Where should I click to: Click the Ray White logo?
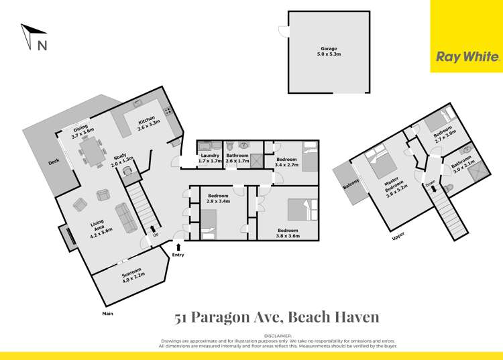tap(467, 57)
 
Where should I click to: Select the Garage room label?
tap(327, 51)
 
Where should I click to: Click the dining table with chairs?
tap(89, 152)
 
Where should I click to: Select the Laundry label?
tap(209, 158)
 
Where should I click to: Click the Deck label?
tap(54, 162)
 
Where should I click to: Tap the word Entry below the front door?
tap(178, 255)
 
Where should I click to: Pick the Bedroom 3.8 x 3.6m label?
tap(288, 233)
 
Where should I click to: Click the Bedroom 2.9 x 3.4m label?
tap(219, 198)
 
